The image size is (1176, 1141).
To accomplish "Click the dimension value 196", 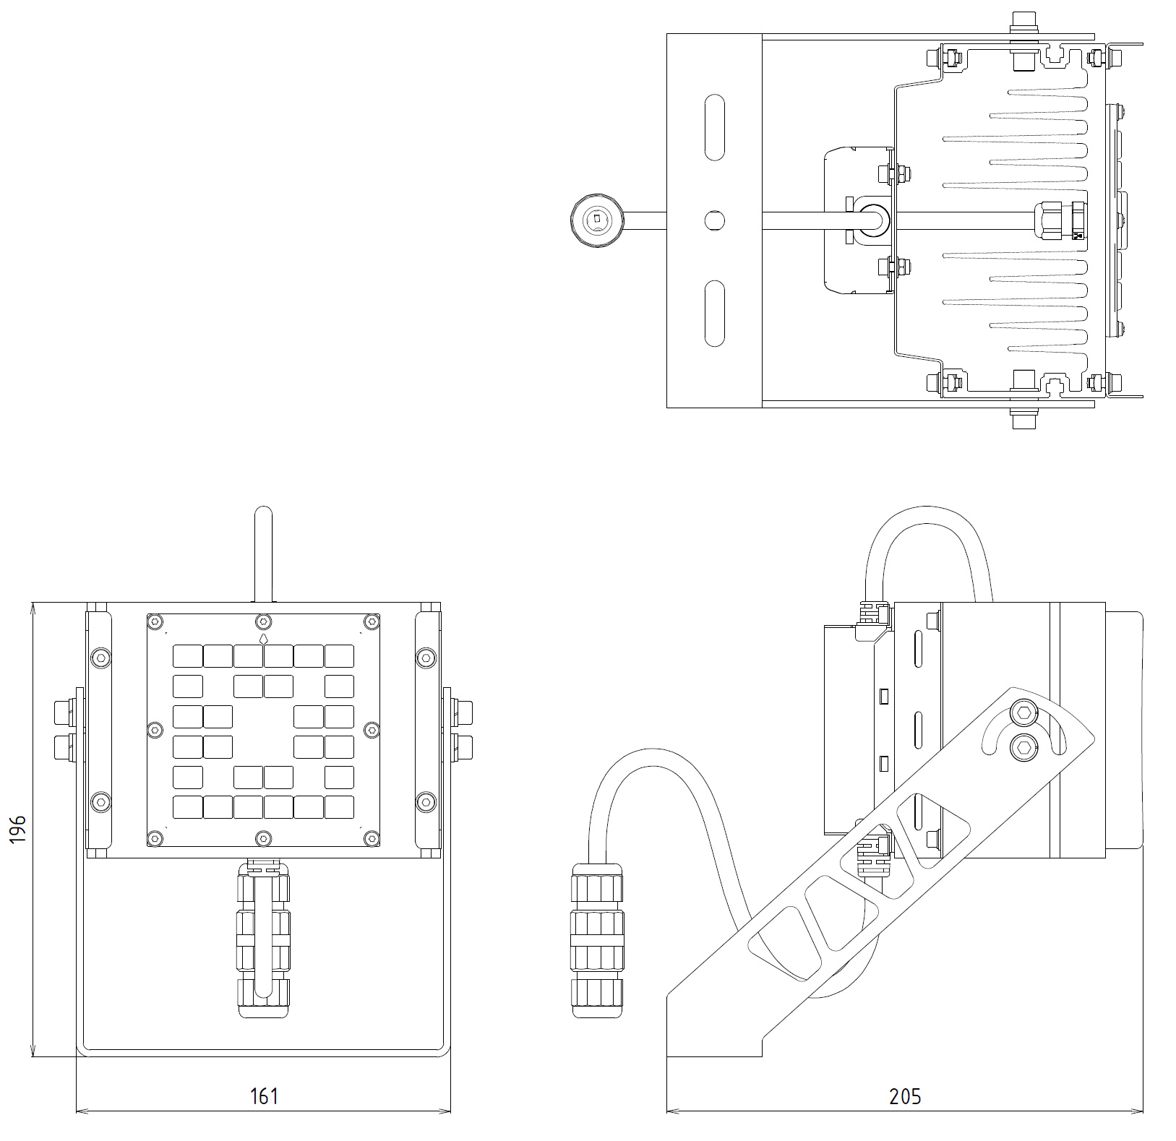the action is pyautogui.click(x=17, y=828).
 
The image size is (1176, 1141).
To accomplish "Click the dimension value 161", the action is pyautogui.click(x=264, y=1096).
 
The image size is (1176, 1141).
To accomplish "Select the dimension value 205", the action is pyautogui.click(x=905, y=1096).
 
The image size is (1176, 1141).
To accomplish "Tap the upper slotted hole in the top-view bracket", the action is pyautogui.click(x=714, y=126).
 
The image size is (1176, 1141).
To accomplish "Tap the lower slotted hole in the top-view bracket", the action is pyautogui.click(x=714, y=313).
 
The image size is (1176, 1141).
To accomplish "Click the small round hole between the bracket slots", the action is pyautogui.click(x=714, y=220).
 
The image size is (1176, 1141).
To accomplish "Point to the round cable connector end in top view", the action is pyautogui.click(x=596, y=219).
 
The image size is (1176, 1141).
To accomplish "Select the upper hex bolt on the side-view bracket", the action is pyautogui.click(x=1023, y=713).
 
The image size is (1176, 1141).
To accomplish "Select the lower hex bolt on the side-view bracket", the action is pyautogui.click(x=1023, y=746).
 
